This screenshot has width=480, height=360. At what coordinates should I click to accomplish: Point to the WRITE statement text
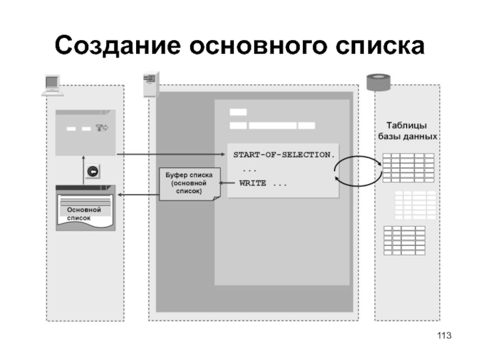click(263, 183)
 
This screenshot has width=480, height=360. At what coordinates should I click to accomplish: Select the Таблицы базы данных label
click(406, 131)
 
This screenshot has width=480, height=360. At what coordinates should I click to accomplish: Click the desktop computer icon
click(52, 85)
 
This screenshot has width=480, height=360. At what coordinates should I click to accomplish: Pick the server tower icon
click(150, 84)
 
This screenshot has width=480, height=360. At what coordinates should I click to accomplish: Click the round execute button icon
click(93, 172)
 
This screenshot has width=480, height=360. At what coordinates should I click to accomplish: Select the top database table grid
click(408, 167)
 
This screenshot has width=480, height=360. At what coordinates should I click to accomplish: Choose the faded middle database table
click(415, 205)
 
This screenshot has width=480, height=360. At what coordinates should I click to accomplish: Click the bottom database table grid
click(404, 240)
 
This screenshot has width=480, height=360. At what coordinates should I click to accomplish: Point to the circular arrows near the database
click(358, 170)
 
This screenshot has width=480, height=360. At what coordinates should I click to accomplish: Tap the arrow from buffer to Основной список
click(138, 194)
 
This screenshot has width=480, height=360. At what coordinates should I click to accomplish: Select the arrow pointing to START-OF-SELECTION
click(171, 155)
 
